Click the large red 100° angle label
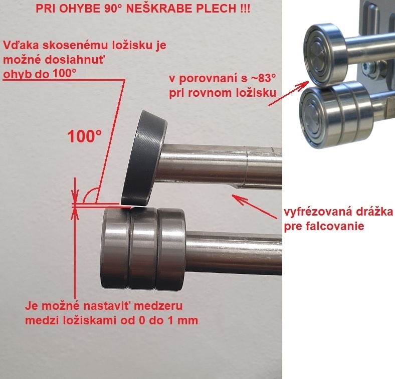[84, 136]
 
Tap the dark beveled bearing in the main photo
[144, 158]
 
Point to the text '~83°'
[263, 78]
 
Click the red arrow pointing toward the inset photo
[289, 93]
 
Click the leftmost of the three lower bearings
[115, 248]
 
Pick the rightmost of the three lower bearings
[170, 249]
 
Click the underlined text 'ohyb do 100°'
[40, 74]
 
